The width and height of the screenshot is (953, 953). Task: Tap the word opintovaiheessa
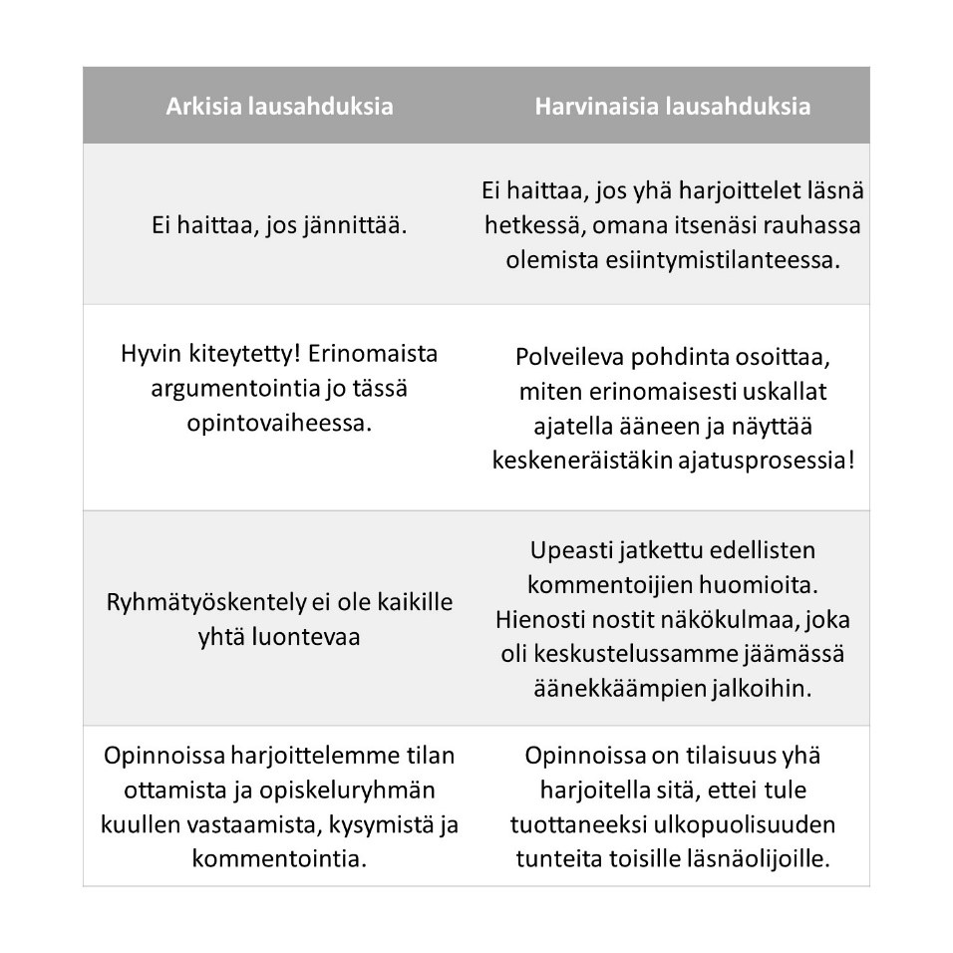(278, 423)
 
